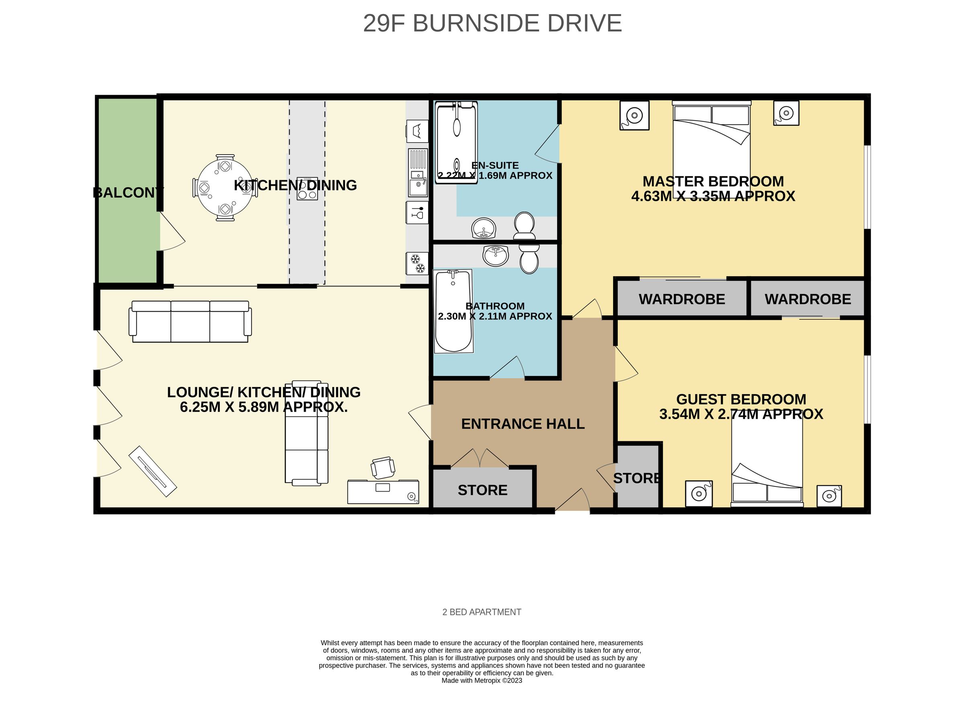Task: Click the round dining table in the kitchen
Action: (224, 188)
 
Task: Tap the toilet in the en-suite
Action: (524, 225)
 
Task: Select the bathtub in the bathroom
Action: (453, 311)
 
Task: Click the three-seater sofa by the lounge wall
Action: (190, 321)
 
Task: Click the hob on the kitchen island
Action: (307, 189)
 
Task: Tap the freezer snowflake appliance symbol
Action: (417, 264)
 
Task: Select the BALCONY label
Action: (127, 192)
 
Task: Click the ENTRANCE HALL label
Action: (522, 423)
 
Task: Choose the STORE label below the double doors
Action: (482, 490)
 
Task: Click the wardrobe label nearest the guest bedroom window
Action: (807, 299)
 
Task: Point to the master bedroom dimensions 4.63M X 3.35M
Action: (713, 196)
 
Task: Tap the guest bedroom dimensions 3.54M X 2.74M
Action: (741, 414)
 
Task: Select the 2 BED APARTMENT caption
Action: (481, 612)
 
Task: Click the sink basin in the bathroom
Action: (495, 255)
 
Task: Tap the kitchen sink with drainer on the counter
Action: (418, 173)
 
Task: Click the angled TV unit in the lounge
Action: (152, 471)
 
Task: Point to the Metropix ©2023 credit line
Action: (481, 680)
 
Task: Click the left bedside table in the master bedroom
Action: (634, 115)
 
